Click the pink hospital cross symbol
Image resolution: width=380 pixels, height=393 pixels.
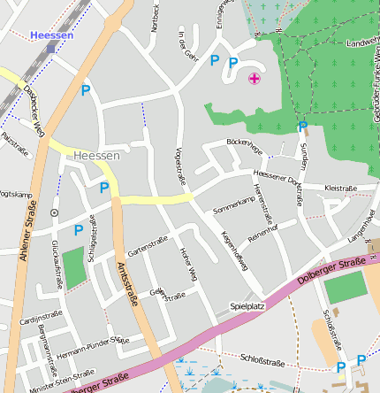(x=255, y=80)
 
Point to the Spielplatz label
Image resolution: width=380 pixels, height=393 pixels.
(x=247, y=305)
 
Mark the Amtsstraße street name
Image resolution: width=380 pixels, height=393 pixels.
(x=127, y=283)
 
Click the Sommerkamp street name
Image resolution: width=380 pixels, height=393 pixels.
(x=233, y=205)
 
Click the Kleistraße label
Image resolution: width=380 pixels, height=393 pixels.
(x=340, y=188)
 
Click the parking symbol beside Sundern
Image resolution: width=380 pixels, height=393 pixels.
(x=302, y=127)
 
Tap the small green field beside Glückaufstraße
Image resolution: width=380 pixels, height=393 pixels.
(x=76, y=268)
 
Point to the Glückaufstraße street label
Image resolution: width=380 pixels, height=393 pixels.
(x=56, y=264)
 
